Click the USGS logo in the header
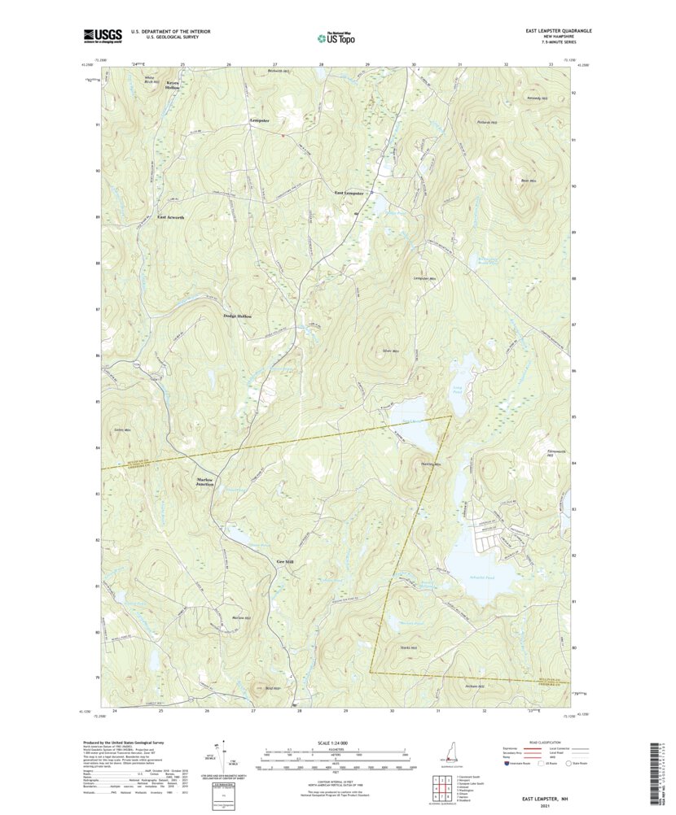(102, 35)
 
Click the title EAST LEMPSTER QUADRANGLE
(558, 31)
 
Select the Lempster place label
(259, 120)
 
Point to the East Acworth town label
(171, 218)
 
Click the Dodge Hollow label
(238, 316)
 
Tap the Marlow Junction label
(205, 482)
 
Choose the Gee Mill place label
(284, 561)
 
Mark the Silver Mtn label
(390, 351)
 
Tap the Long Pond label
(457, 391)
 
